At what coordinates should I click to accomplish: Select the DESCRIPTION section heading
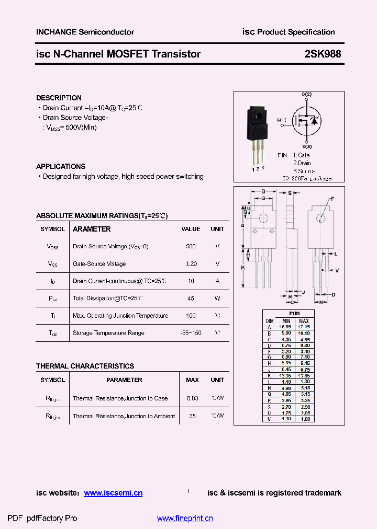pos(59,98)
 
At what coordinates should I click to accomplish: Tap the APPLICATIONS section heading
pos(60,166)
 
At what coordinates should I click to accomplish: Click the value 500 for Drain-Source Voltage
pos(191,246)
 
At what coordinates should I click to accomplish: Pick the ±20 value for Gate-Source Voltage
pos(191,264)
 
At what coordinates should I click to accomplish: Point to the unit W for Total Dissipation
pos(217,298)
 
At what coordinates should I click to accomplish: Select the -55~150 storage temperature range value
pos(191,333)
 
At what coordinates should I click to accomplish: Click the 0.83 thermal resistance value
pos(192,398)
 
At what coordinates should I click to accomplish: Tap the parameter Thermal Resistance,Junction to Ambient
pos(124,416)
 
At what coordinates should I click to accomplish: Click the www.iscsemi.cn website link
pos(113,493)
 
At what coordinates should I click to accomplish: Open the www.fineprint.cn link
pos(185,519)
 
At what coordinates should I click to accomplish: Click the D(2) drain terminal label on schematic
pos(306,94)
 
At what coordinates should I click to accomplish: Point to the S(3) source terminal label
pos(307,146)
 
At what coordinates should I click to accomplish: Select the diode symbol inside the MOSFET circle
pos(314,121)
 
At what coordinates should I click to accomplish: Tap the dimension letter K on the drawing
pos(243,267)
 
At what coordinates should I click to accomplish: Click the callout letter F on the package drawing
pos(331,199)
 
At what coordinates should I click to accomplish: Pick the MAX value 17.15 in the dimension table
pos(304,327)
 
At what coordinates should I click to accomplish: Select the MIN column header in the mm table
pos(286,321)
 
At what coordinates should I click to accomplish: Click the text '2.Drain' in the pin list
pos(302,163)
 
